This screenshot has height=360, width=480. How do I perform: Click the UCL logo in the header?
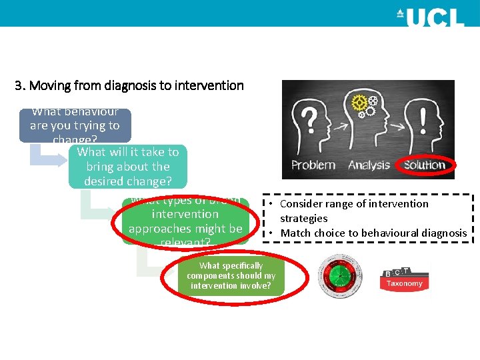(429, 17)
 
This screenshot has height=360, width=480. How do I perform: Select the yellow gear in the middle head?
(361, 103)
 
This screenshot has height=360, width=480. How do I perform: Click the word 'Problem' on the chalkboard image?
(313, 165)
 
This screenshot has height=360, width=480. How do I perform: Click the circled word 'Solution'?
(424, 165)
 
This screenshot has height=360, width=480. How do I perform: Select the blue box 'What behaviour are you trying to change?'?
(75, 125)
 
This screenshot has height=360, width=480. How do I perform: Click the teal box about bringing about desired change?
(128, 167)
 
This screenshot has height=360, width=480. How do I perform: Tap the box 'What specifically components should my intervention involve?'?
(231, 276)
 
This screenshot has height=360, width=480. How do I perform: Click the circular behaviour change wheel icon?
(341, 276)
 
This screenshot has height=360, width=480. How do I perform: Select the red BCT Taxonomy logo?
(405, 278)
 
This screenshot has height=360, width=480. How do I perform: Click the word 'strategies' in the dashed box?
(303, 218)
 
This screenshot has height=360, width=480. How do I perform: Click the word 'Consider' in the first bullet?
(301, 204)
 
